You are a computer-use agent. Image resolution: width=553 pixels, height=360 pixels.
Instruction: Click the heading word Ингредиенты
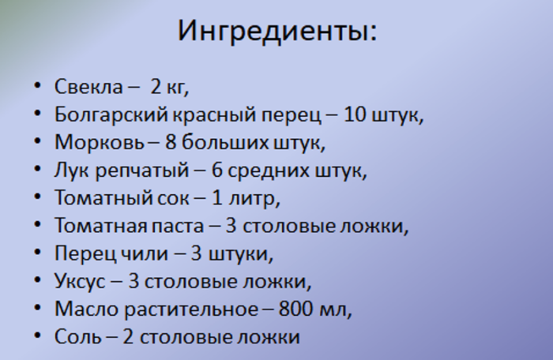tap(276, 32)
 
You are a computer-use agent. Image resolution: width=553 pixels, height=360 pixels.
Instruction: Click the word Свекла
tap(82, 86)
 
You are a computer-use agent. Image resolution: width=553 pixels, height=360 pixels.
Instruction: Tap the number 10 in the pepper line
tap(355, 114)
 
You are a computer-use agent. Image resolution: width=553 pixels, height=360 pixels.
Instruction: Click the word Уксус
tap(79, 282)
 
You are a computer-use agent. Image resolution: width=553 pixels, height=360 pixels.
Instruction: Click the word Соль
tap(77, 337)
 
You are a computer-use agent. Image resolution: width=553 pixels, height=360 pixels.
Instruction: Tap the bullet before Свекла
tap(38, 87)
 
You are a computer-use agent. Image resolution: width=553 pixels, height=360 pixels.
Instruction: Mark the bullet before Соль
tap(38, 337)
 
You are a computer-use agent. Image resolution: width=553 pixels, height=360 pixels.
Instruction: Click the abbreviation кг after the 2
tap(177, 87)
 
